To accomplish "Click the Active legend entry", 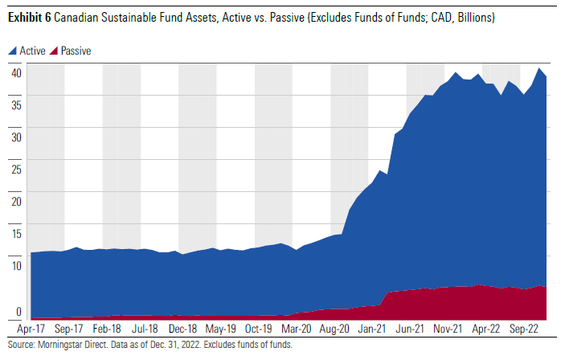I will (x=32, y=51).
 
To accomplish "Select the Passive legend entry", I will (x=76, y=51).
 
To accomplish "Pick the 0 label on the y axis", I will (x=17, y=313).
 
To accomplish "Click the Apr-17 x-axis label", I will (x=31, y=329).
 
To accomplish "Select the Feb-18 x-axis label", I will (x=107, y=329).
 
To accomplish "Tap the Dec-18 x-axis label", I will (x=183, y=329).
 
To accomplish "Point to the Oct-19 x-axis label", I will (x=259, y=329).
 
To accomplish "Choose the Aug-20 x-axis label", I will (x=334, y=329).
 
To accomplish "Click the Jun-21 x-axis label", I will (x=410, y=329).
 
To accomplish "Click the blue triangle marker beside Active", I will (x=12, y=51).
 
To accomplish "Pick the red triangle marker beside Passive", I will (x=55, y=51).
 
